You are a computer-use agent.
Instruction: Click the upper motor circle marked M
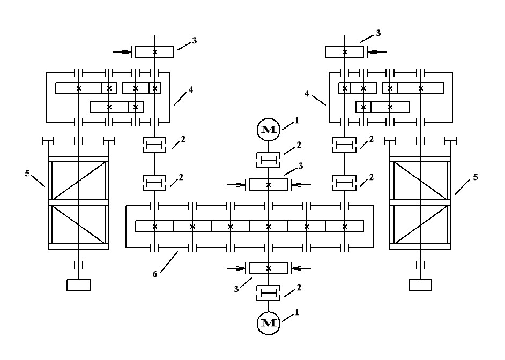[268, 130]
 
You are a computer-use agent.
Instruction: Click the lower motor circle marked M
[268, 322]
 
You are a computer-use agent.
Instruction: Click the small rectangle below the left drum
[78, 285]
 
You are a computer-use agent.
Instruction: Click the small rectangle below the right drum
[420, 285]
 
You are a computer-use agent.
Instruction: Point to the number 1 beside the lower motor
[296, 311]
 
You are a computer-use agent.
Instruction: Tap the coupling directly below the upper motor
[268, 160]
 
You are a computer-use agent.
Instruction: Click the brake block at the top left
[154, 51]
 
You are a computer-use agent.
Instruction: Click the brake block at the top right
[345, 51]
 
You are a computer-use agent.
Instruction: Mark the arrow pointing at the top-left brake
[123, 52]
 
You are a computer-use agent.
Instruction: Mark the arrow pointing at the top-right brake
[375, 52]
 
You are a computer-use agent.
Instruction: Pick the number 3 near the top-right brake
[378, 33]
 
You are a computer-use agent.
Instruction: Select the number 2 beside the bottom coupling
[299, 287]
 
